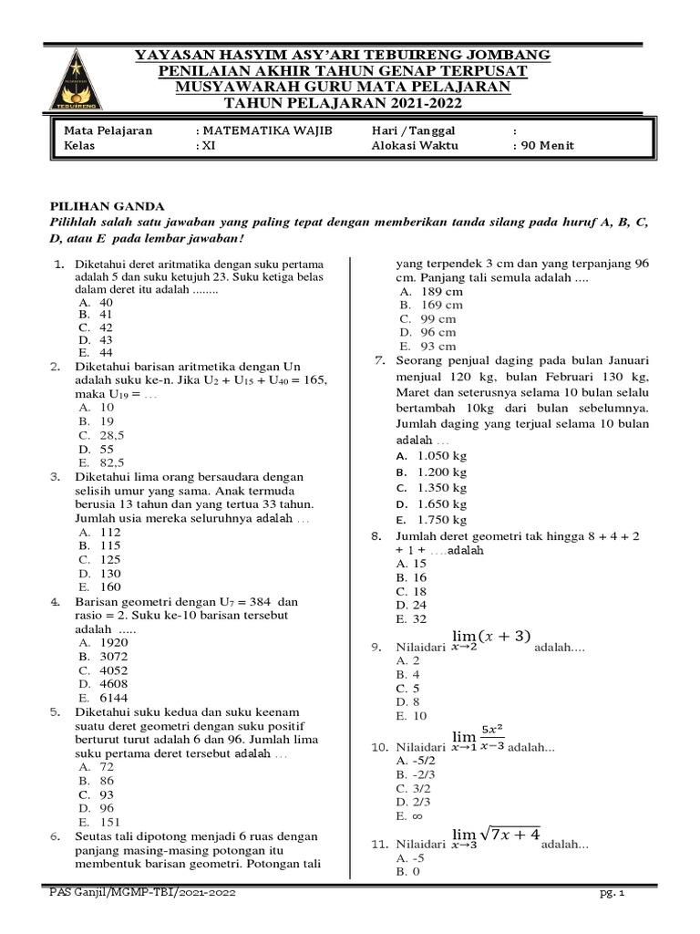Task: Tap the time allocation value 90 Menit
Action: click(x=547, y=145)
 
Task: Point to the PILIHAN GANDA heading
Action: click(x=99, y=208)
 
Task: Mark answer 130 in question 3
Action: click(x=109, y=574)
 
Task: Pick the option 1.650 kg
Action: click(x=441, y=503)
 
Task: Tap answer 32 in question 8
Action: click(x=419, y=618)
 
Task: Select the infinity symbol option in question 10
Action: click(x=419, y=816)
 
